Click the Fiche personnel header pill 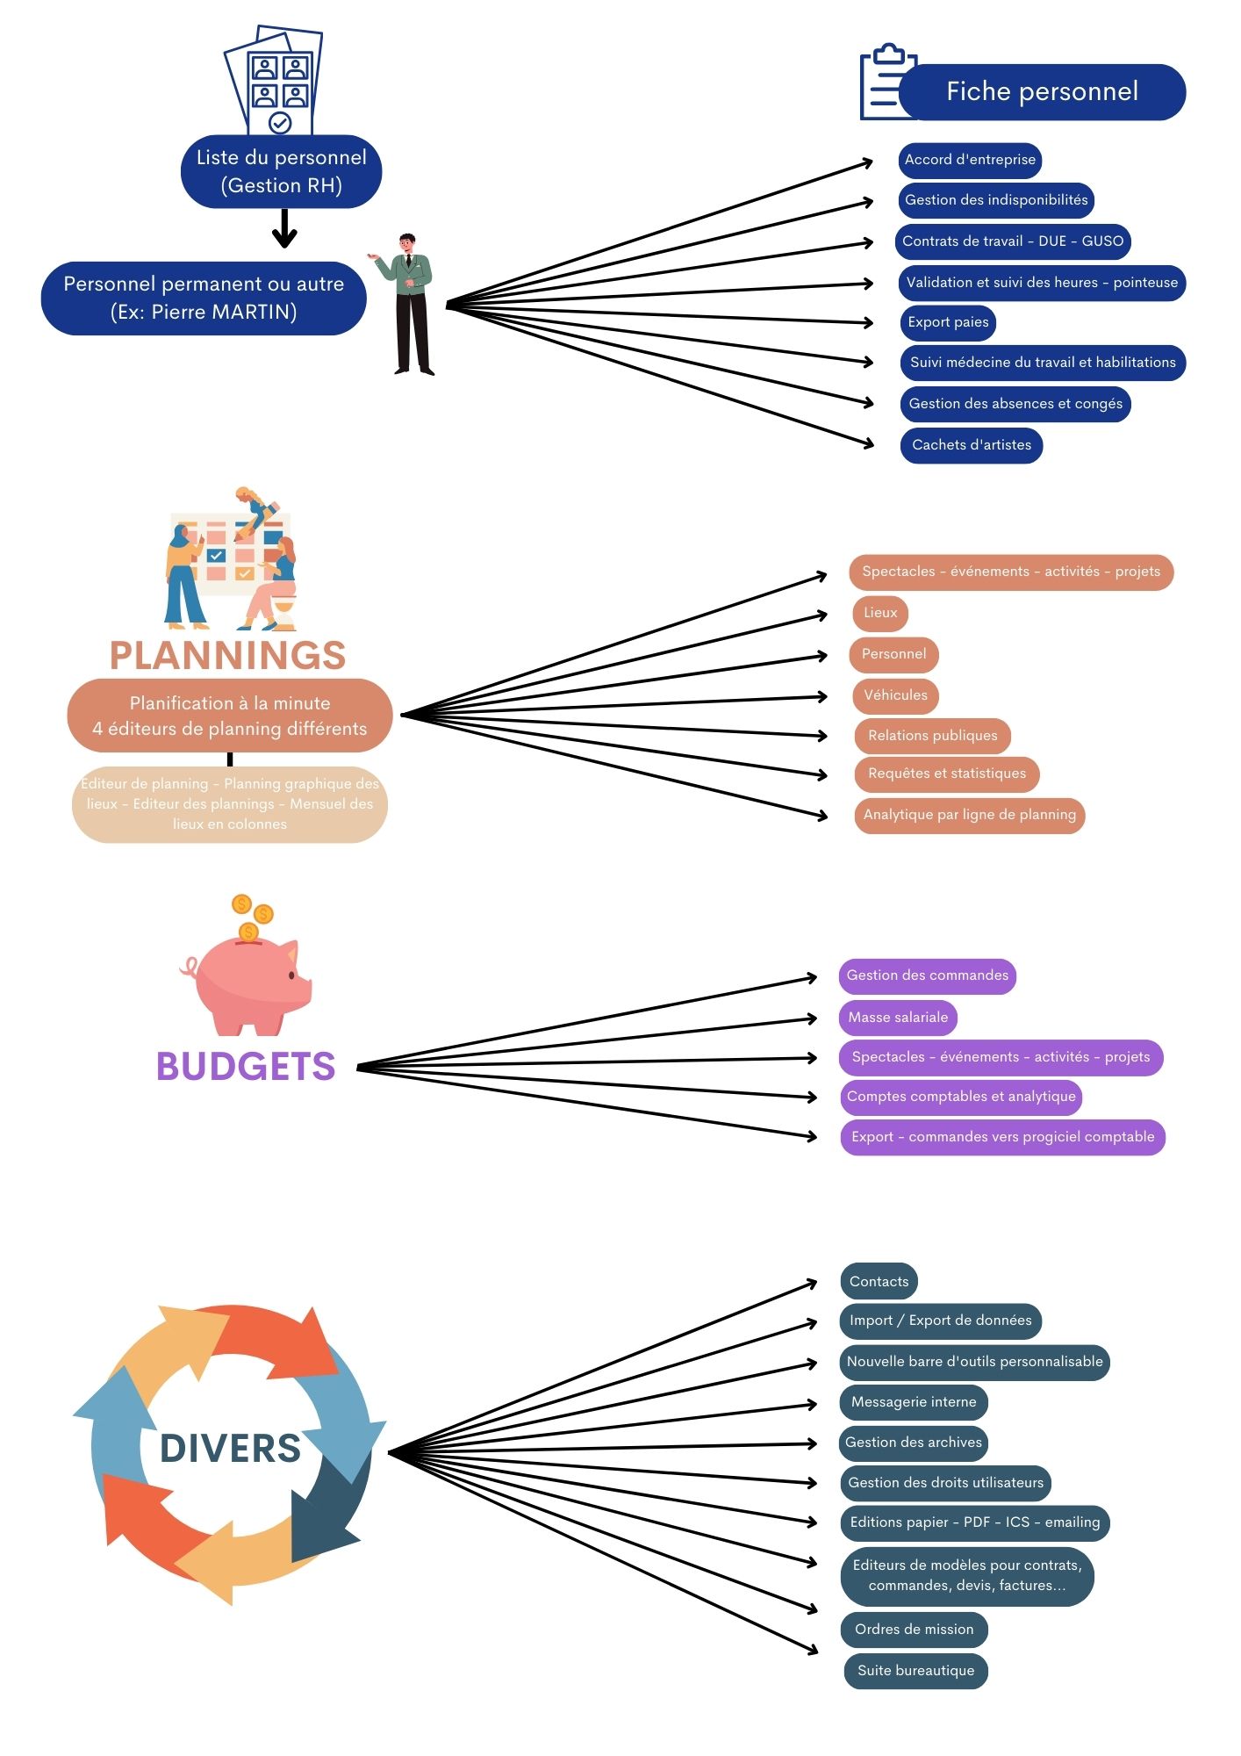point(1042,92)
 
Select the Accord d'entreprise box point(970,160)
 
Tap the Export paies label point(948,322)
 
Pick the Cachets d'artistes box point(972,445)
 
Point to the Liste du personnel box point(281,171)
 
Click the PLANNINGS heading point(227,656)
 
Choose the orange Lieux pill point(880,613)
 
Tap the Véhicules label point(895,695)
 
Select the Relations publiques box point(933,736)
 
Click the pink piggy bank point(248,983)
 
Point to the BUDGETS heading point(246,1067)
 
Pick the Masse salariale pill point(898,1018)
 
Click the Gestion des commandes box point(927,976)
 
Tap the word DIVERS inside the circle point(230,1449)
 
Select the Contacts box point(879,1282)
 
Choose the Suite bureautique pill point(915,1671)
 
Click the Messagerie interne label point(914,1402)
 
